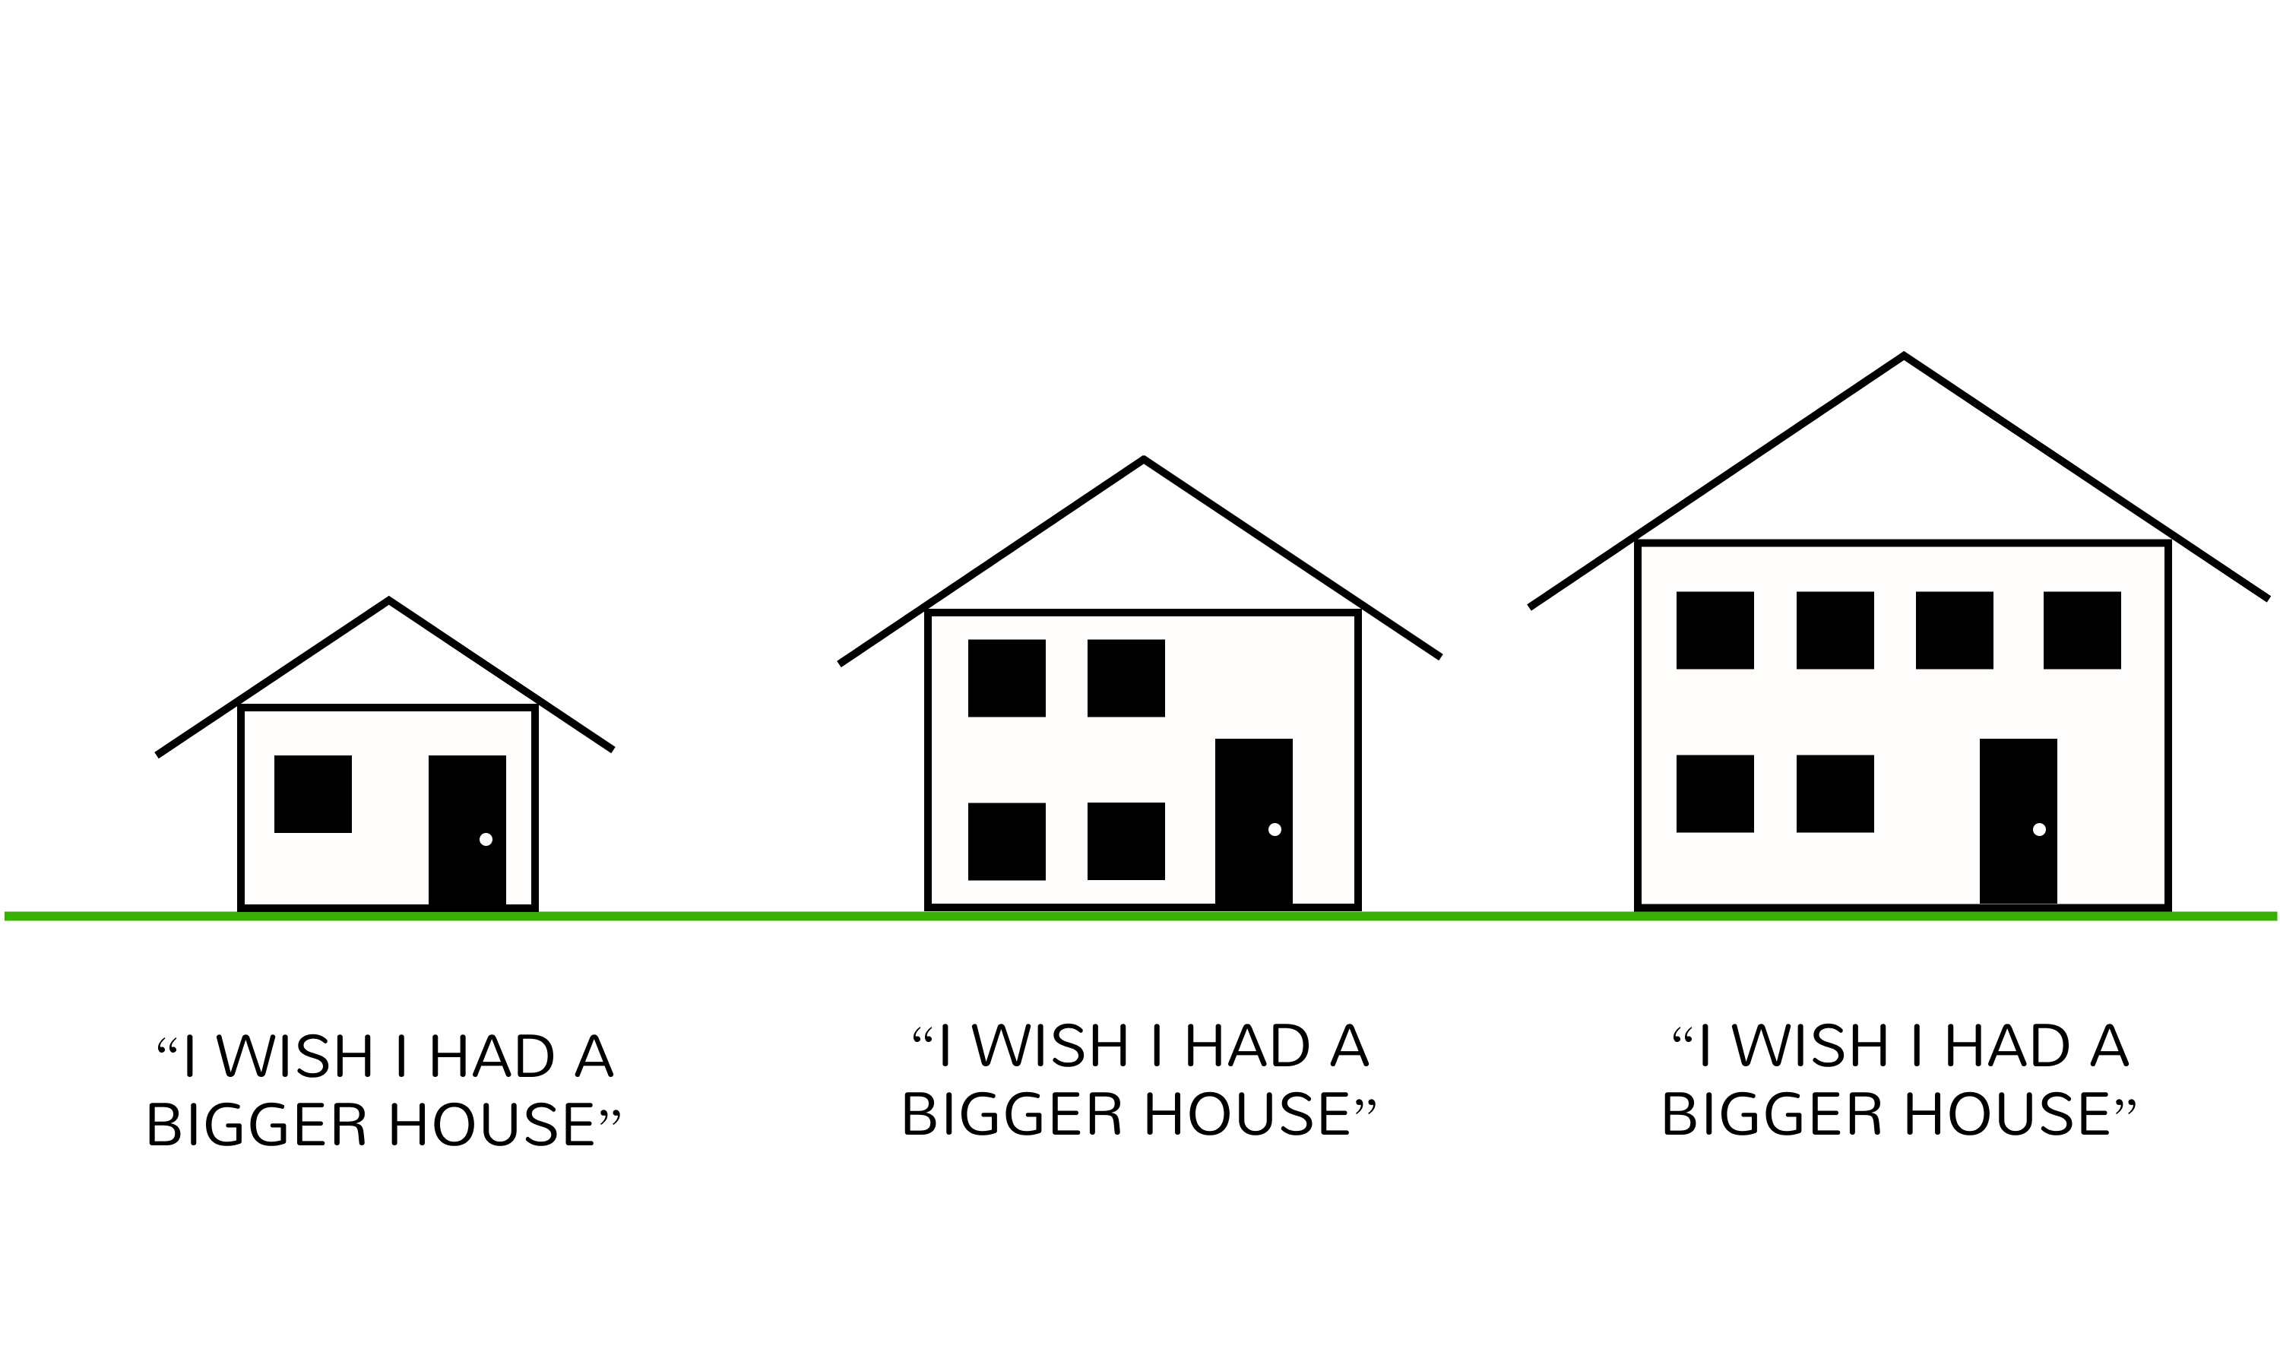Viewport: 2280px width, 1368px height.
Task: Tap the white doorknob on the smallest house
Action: pos(486,839)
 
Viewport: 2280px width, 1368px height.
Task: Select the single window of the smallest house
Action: pos(312,793)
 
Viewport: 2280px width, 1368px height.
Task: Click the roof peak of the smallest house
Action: pos(389,601)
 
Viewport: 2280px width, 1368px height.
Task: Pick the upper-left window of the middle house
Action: pos(1006,678)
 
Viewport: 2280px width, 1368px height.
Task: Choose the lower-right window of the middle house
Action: pos(1126,841)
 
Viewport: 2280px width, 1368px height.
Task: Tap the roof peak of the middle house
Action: pos(1143,459)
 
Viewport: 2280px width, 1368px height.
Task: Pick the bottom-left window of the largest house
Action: pos(1715,793)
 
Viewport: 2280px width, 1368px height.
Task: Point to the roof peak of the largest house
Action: pos(1904,356)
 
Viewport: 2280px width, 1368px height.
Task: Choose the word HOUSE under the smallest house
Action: pos(490,1125)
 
